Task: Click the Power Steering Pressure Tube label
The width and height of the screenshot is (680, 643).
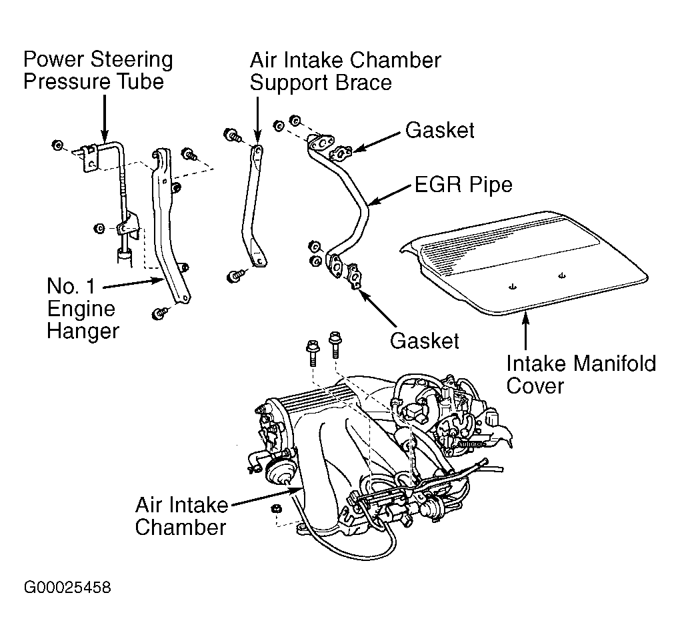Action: click(98, 70)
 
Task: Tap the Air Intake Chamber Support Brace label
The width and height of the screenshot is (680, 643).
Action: click(345, 71)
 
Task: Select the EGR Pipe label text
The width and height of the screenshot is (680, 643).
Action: click(463, 184)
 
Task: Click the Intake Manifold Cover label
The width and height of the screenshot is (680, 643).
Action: click(581, 374)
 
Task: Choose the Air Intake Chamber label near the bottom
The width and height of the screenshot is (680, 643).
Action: click(181, 516)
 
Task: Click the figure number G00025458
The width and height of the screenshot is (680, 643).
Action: click(67, 588)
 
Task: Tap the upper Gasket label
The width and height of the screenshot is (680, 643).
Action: click(440, 130)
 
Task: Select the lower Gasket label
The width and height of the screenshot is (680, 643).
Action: click(424, 341)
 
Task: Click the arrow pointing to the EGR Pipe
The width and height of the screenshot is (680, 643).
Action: click(390, 195)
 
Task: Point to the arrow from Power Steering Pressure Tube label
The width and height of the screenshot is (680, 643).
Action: click(104, 118)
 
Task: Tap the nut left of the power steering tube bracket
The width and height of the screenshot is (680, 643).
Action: click(58, 145)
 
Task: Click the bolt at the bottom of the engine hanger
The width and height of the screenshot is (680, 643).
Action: click(159, 313)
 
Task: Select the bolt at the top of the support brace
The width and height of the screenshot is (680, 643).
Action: click(231, 135)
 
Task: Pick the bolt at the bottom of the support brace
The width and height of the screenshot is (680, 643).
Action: click(234, 276)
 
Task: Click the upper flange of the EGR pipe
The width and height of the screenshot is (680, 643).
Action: click(321, 143)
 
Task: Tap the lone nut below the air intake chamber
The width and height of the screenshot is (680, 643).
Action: click(275, 508)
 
